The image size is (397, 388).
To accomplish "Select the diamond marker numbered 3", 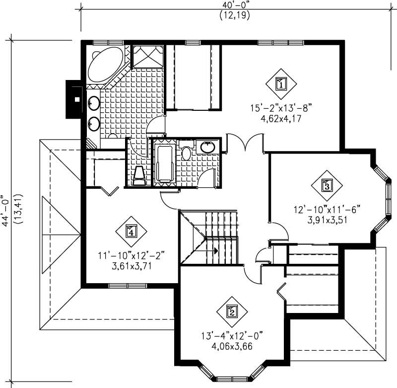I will coord(327,186).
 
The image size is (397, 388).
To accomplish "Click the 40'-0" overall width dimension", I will coord(234,4).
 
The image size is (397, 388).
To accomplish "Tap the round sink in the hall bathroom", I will coord(207,147).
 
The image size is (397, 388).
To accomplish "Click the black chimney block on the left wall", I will coord(73,99).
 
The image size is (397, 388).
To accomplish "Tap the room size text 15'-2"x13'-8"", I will coord(281,107).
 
